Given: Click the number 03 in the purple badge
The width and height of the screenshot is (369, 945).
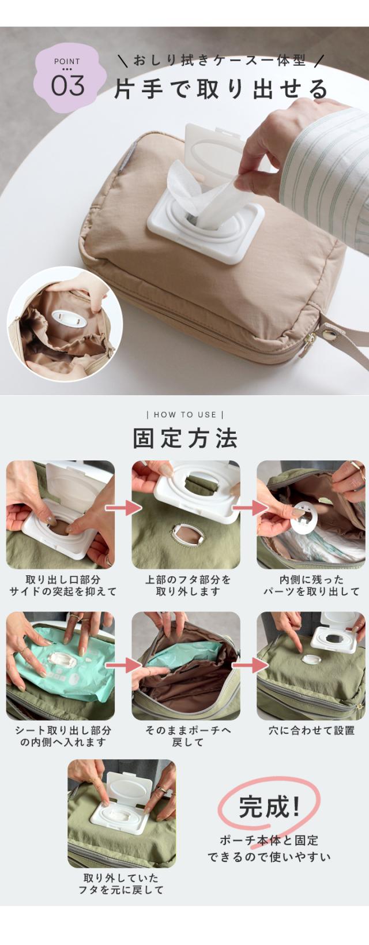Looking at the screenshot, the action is pyautogui.click(x=67, y=85).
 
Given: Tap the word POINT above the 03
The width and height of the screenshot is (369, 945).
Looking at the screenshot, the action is pyautogui.click(x=67, y=62).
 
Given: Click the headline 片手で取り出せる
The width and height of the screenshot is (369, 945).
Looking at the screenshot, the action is pyautogui.click(x=221, y=89).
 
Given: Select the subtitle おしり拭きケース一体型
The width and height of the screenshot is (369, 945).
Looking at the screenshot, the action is pyautogui.click(x=220, y=61).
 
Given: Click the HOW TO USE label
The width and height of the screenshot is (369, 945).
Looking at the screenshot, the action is pyautogui.click(x=184, y=415).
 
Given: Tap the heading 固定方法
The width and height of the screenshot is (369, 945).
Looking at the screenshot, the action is pyautogui.click(x=185, y=438).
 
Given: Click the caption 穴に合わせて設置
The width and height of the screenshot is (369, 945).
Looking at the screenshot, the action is pyautogui.click(x=312, y=730).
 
